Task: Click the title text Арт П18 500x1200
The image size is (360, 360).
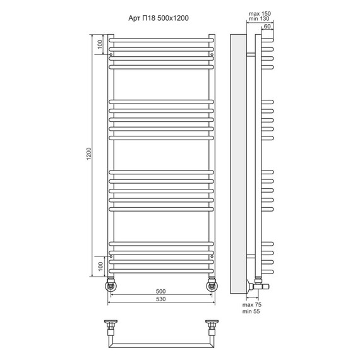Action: [x=159, y=18]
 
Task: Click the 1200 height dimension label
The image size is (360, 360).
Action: [x=89, y=154]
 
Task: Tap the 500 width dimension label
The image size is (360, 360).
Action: [x=160, y=291]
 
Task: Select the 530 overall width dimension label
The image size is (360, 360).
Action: [x=160, y=299]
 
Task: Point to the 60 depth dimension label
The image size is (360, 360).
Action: [x=267, y=27]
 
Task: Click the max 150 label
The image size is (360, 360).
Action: [x=260, y=14]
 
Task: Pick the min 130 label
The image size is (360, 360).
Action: [x=259, y=19]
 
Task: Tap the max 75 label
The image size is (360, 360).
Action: [x=252, y=305]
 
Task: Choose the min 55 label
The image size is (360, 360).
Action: [x=251, y=311]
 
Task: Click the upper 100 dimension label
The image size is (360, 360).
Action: [x=100, y=44]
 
